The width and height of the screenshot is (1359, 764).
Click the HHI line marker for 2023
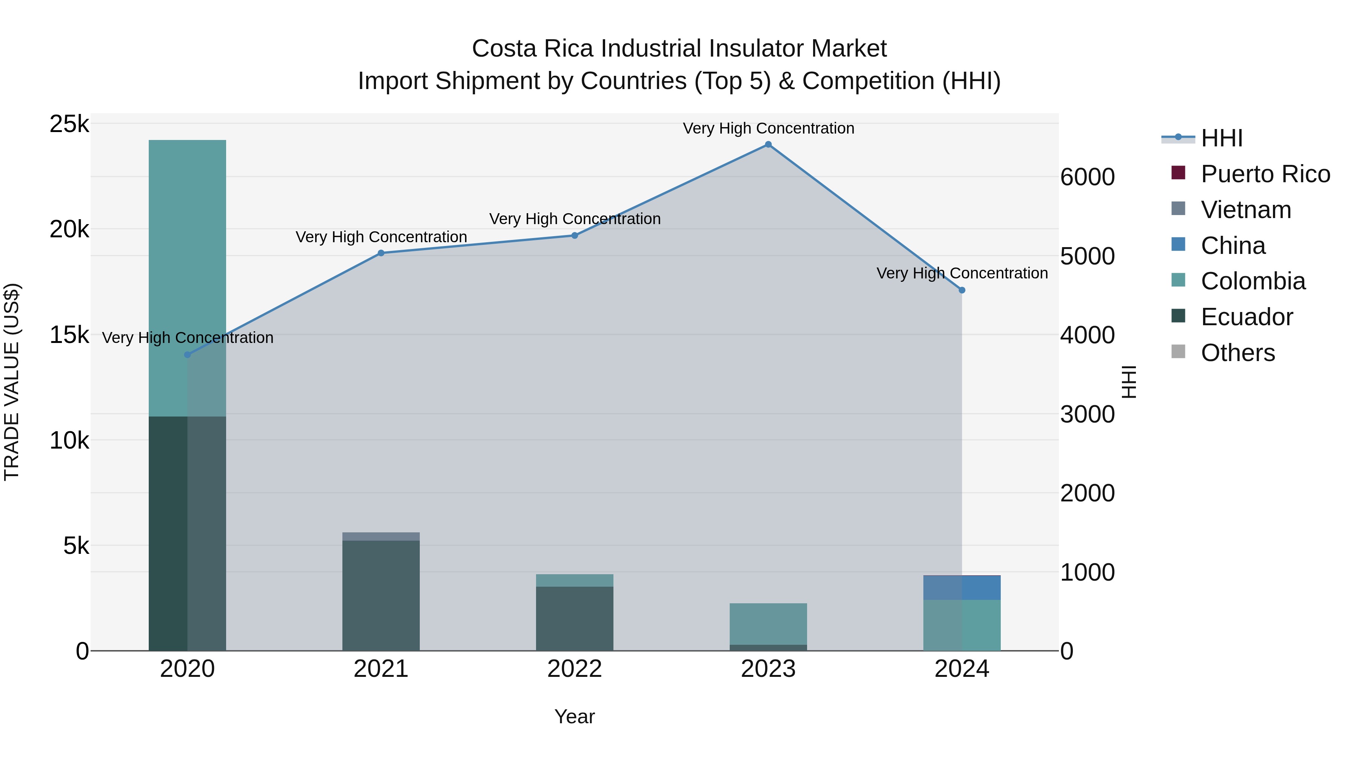768,144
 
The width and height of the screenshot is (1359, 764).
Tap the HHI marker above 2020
187,355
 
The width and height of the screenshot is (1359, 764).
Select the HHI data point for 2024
962,290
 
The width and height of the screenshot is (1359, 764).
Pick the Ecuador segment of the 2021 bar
381,595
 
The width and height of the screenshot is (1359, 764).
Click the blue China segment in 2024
962,587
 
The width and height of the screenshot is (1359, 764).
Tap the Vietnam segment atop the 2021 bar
381,536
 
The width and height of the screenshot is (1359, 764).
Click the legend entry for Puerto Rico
1265,174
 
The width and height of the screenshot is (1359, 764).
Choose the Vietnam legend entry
1246,210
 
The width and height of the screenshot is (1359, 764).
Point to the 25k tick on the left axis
69,125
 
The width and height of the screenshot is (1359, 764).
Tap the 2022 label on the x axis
575,669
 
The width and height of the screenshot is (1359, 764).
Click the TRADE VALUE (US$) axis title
12,382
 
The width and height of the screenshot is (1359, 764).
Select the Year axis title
575,716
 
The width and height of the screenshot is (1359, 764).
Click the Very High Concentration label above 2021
381,237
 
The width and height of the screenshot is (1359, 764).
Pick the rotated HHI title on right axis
1128,382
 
